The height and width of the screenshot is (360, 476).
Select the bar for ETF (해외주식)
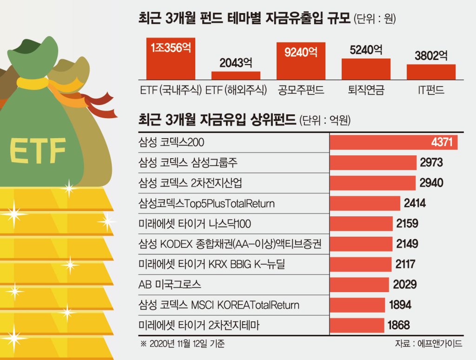[236, 75]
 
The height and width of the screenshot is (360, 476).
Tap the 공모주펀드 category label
[301, 90]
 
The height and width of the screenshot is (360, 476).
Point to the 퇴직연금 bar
[366, 69]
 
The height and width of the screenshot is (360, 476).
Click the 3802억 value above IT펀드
[431, 56]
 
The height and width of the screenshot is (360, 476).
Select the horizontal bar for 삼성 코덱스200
[393, 142]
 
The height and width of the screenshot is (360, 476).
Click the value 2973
[431, 162]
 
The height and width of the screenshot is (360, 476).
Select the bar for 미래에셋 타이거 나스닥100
[361, 224]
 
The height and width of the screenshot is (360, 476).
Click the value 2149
[407, 244]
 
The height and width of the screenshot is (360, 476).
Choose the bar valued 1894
[357, 305]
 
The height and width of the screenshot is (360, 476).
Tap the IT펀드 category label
[431, 90]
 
